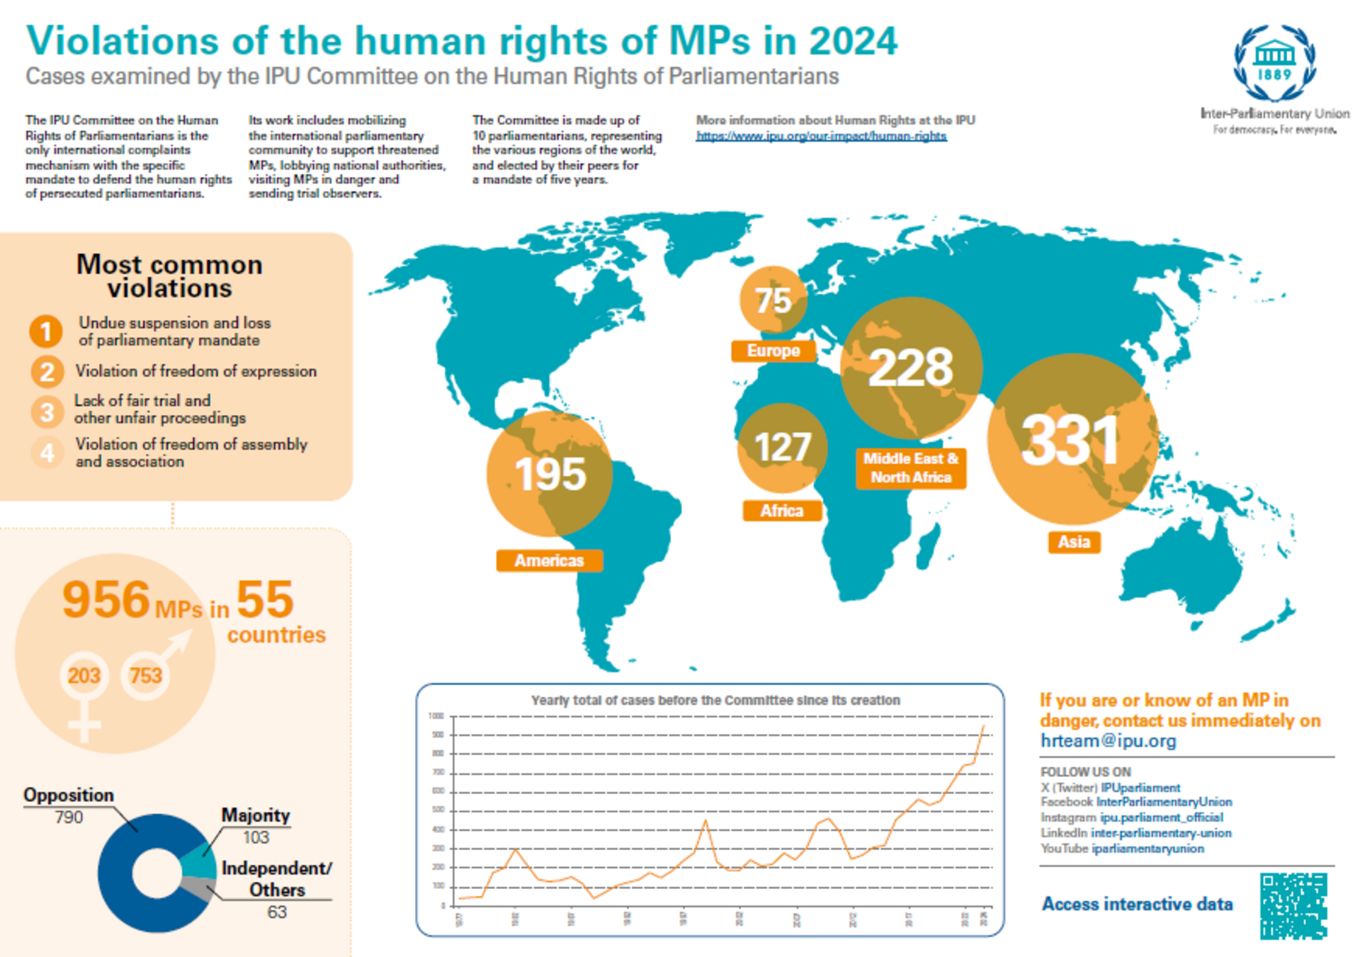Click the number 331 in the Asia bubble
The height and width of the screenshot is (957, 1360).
[1070, 441]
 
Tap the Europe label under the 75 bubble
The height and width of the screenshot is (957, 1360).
[773, 351]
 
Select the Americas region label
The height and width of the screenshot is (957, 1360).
[549, 560]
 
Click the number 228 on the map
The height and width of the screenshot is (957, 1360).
[911, 368]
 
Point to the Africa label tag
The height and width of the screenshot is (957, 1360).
[781, 511]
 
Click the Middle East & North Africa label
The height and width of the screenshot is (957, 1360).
[911, 468]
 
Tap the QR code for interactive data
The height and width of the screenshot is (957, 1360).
[1293, 906]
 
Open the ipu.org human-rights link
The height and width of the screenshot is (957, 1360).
[820, 136]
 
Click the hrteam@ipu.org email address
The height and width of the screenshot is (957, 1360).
[1108, 741]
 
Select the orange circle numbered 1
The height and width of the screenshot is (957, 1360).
[46, 332]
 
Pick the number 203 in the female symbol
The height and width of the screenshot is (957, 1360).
[84, 676]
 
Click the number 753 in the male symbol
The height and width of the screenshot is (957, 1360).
[146, 676]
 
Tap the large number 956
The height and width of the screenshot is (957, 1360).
[106, 600]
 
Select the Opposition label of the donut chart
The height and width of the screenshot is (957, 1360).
[69, 795]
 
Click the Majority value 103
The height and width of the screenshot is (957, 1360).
[256, 837]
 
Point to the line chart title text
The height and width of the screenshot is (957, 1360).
[715, 701]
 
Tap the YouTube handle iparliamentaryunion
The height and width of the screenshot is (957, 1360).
[1147, 849]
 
